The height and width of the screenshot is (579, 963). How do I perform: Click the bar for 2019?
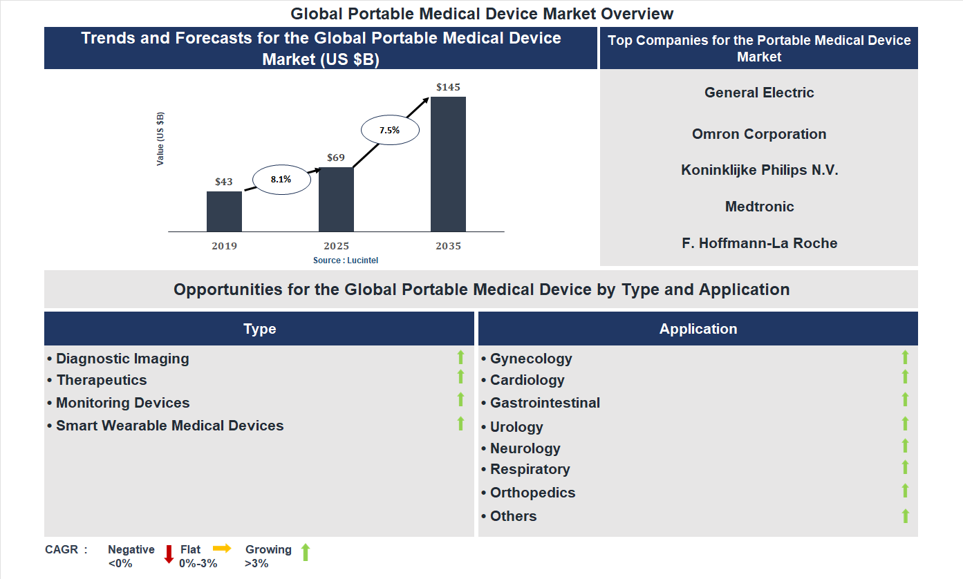224,211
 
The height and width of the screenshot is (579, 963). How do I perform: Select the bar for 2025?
336,199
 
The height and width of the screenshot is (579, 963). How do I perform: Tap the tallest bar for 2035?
448,164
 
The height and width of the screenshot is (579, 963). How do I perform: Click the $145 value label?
448,88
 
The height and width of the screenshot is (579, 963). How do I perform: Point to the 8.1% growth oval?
281,179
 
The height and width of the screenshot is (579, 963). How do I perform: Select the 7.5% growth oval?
390,130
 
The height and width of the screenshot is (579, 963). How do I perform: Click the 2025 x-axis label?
336,246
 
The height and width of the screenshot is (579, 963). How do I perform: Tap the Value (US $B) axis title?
160,139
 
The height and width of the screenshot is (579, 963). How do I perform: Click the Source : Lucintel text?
346,260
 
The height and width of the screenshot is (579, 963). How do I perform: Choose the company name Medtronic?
759,207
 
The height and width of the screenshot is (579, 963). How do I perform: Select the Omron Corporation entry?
759,134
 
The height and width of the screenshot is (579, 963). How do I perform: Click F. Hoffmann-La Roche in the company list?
759,243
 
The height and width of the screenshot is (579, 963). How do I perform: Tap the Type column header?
259,329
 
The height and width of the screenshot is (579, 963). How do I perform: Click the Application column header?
698,329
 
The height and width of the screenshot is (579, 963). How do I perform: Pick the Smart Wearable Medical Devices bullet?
169,426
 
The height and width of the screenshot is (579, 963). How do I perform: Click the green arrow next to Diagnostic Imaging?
460,357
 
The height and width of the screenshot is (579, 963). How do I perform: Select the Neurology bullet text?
525,448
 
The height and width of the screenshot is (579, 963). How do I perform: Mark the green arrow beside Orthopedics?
905,491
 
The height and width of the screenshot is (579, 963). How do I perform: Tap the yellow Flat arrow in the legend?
222,548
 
